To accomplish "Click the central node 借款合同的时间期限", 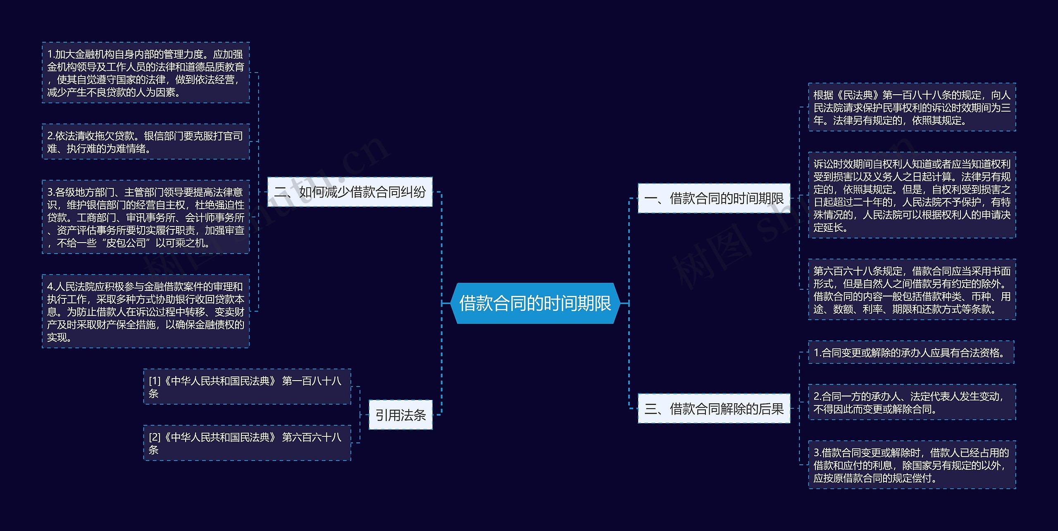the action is tap(535, 303).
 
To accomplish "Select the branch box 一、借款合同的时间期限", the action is tap(714, 198).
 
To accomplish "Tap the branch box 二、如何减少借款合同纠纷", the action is tap(350, 192).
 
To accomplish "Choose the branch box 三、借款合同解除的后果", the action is tap(714, 409).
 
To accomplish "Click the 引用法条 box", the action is tap(400, 415).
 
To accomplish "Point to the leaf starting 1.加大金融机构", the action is tap(145, 73).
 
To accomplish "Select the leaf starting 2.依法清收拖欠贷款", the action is tap(145, 142).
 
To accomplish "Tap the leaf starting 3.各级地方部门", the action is tap(145, 217).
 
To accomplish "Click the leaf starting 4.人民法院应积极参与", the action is tap(145, 311).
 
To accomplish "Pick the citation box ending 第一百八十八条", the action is tap(247, 387).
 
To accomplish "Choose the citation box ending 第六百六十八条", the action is tap(247, 443).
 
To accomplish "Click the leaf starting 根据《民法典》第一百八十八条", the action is tap(912, 107).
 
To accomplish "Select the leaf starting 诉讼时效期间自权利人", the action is tap(912, 195).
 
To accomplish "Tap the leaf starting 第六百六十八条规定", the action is tap(912, 290).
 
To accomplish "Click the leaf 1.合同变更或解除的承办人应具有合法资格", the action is tap(911, 352).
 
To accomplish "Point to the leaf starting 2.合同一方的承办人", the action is tap(912, 402).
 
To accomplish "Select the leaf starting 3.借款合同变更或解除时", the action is tap(912, 465).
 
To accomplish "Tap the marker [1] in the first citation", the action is tap(155, 381).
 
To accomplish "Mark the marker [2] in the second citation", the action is tap(155, 437).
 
